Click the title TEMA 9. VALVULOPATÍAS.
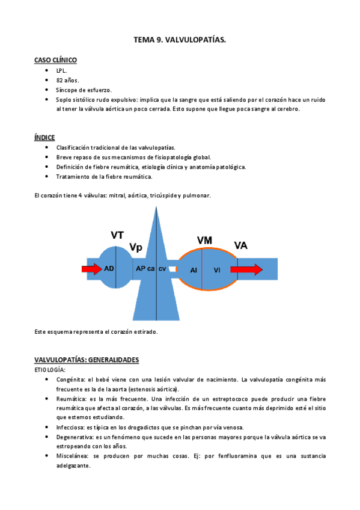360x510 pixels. pos(180,40)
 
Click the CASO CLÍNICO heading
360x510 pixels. pos(55,60)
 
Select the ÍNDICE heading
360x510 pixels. pos(44,137)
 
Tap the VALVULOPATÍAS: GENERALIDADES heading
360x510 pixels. pos(87,360)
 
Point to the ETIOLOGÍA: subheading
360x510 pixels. pos(50,370)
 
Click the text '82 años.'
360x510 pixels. pos(68,80)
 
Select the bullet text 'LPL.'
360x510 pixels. pos(62,70)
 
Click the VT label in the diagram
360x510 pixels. pos(118,235)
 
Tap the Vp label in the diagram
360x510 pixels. pos(136,247)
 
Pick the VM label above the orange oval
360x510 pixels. pos(204,240)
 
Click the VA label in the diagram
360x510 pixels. pos(241,245)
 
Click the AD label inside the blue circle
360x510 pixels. pos(109,268)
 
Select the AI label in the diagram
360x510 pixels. pos(194,271)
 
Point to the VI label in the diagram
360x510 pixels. pos(217,271)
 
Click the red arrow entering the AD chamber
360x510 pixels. pos(92,269)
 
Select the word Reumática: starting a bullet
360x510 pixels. pos(72,399)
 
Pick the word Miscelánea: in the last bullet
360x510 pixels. pos(73,456)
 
